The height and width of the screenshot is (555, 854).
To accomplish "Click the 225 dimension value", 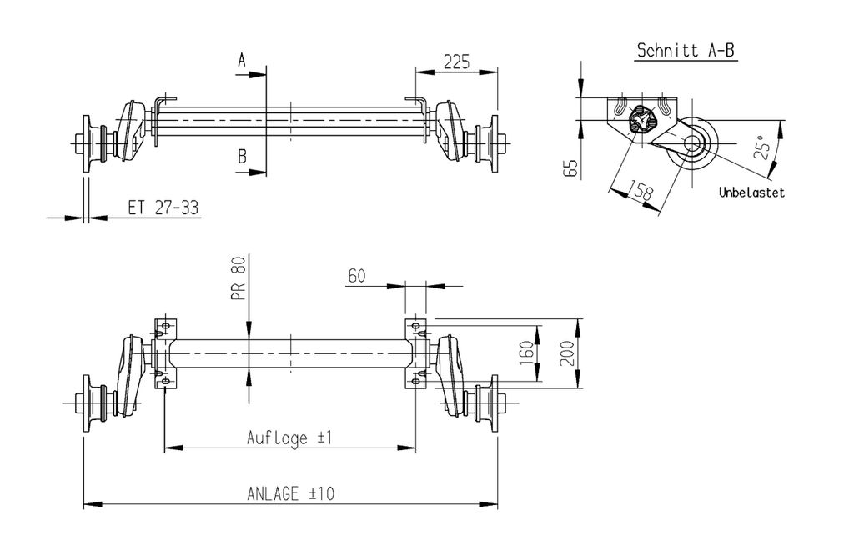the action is (x=456, y=62).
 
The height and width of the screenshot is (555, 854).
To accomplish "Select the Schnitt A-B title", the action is (x=686, y=51).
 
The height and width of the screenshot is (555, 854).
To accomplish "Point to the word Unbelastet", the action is (x=751, y=192).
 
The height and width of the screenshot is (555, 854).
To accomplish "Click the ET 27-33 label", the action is (x=163, y=207).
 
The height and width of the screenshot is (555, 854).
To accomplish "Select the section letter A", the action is (x=242, y=60).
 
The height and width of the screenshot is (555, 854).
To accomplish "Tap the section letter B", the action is (x=242, y=157).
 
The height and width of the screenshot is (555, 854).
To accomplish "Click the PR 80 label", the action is (x=239, y=278).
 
